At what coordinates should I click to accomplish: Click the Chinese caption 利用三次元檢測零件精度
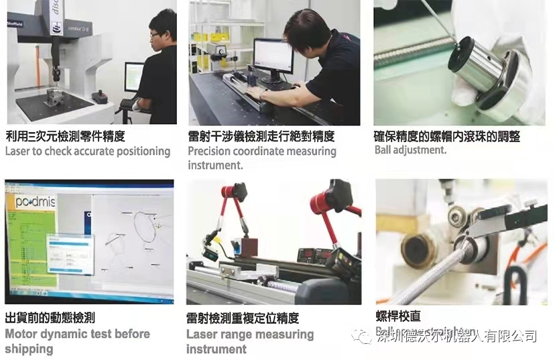point(65,136)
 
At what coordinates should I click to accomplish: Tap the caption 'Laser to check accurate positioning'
point(88,152)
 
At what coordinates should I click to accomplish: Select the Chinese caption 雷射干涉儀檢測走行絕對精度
point(261,136)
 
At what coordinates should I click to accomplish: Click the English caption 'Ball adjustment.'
point(410,150)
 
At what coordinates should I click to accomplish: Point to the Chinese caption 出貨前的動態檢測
point(50,318)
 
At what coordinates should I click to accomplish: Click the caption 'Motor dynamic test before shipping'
point(76,341)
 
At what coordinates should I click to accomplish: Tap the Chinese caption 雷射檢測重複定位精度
point(242,318)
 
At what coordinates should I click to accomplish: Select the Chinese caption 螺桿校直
point(398,316)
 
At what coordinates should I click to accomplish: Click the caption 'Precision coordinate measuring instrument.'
point(261,158)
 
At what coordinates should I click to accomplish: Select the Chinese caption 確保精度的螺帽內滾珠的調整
point(446,136)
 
